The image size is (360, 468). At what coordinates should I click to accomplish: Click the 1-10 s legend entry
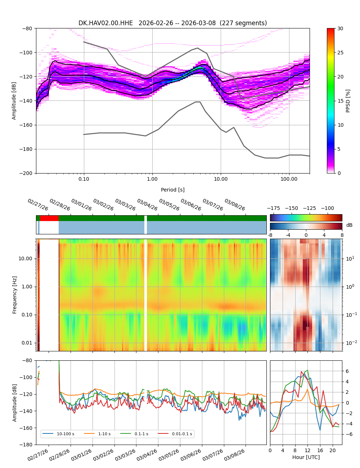coord(104,434)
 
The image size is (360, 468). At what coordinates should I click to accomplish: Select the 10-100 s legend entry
coord(65,434)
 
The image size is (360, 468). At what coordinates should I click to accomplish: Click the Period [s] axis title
coord(172,190)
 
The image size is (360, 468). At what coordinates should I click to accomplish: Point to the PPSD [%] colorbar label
coord(348,101)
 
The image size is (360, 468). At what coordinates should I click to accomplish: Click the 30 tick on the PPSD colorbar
coord(340,28)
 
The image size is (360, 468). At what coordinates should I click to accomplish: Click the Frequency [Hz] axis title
coord(15,295)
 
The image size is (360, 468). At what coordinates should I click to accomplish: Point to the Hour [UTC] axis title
coord(306,457)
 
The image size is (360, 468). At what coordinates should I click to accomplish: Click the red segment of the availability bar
coord(49,218)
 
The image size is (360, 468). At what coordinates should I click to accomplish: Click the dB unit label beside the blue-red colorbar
coord(349,225)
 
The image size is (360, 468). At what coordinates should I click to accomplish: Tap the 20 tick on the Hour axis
coord(332,450)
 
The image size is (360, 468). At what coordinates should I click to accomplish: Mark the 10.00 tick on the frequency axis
coord(24,258)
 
